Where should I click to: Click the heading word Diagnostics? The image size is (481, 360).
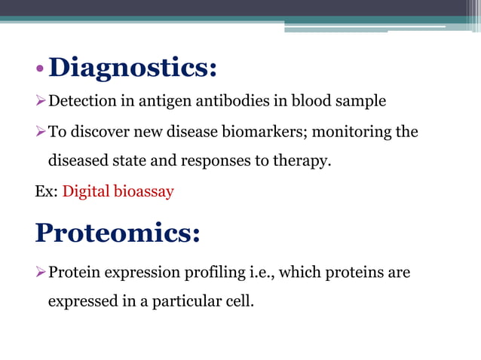133,69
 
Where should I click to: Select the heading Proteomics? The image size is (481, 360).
117,233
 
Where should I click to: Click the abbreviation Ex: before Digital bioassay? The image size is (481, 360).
45,191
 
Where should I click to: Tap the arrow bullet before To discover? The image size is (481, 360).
41,133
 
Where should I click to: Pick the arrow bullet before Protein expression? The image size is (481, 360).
41,273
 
